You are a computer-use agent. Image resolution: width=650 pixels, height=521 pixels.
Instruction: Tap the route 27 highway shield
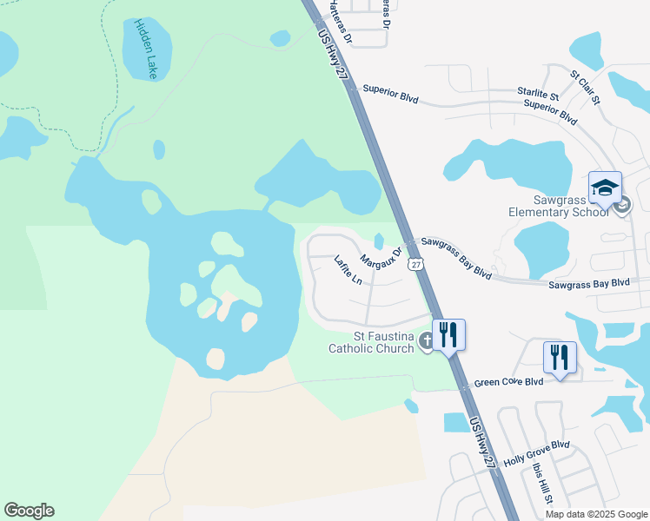[x=417, y=264]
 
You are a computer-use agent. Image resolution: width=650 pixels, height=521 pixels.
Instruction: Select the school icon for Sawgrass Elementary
[x=605, y=188]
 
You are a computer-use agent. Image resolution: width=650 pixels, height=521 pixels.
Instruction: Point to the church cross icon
[x=426, y=342]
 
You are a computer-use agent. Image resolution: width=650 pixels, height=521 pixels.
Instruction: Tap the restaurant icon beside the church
[x=448, y=334]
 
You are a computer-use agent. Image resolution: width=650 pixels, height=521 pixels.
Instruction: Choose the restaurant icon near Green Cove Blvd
[x=560, y=357]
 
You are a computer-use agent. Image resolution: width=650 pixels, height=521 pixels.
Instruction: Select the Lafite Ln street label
[x=348, y=270]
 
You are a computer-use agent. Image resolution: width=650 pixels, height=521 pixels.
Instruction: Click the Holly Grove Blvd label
[x=536, y=453]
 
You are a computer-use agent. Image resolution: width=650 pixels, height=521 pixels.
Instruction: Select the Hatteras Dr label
[x=341, y=22]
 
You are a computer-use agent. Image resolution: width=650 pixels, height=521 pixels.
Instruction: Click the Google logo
[x=29, y=511]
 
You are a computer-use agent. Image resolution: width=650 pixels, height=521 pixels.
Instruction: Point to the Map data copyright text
[x=595, y=514]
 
